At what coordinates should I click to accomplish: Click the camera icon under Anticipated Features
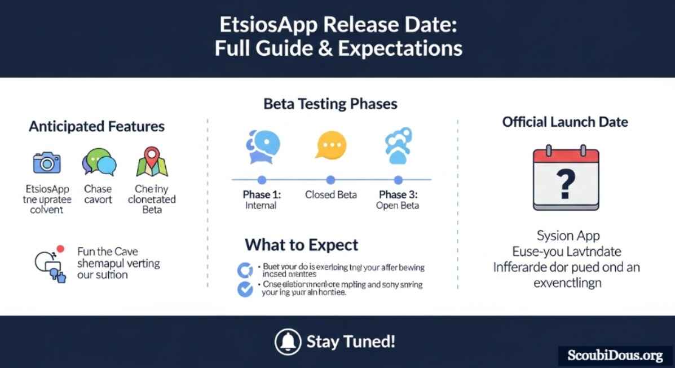[47, 162]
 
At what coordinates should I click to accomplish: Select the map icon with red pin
[152, 162]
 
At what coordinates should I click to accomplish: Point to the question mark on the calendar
[565, 183]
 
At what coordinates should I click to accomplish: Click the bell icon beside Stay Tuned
[288, 342]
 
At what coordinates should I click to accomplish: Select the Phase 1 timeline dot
[262, 180]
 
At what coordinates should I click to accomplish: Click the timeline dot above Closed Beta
[330, 180]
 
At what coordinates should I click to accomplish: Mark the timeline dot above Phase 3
[398, 180]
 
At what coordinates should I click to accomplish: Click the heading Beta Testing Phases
[330, 104]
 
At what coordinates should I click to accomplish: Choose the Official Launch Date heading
[565, 122]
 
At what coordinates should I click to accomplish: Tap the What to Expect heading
[301, 245]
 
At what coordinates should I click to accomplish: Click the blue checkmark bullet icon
[245, 289]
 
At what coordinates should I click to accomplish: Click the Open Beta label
[398, 206]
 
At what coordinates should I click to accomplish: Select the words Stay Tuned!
[351, 342]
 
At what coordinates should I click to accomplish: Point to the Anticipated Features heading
[96, 126]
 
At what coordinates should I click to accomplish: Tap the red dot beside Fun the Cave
[60, 249]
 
